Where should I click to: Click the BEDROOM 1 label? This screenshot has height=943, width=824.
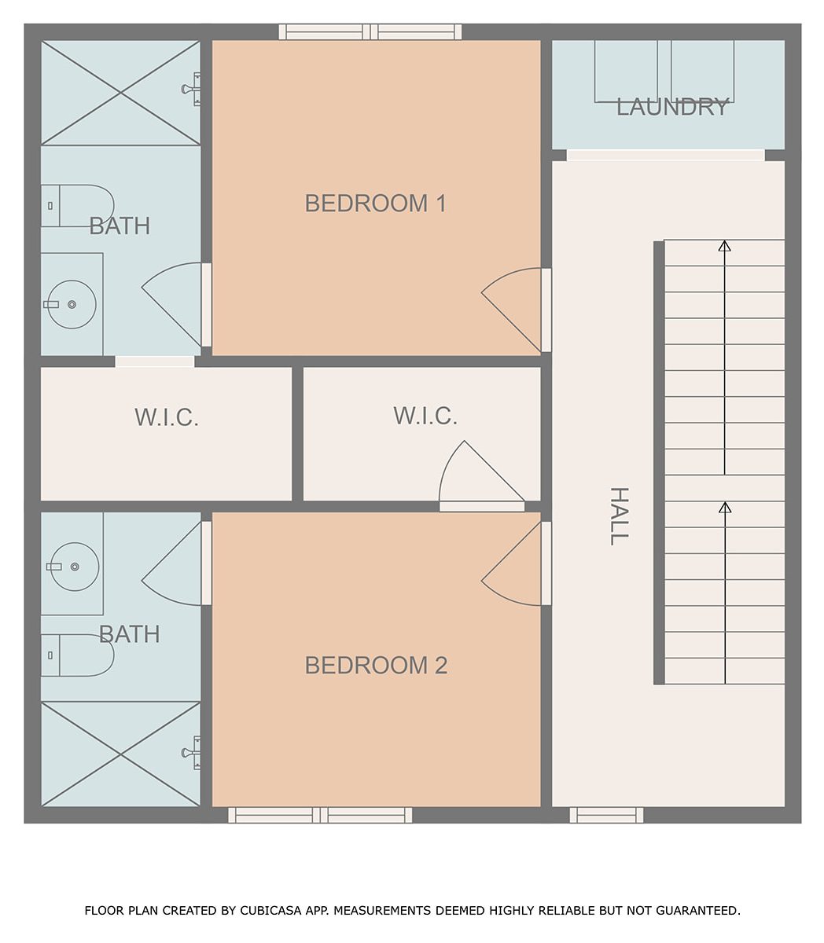coord(375,204)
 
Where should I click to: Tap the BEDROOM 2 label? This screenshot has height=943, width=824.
coord(376,665)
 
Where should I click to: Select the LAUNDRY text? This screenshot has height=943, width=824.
coord(671,107)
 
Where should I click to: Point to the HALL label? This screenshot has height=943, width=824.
coord(620,516)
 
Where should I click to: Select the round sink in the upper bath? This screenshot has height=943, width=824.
coord(72,304)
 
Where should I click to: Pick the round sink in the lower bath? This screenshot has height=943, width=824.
coord(74,567)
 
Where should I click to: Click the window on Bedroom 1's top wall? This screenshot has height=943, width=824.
coord(370,31)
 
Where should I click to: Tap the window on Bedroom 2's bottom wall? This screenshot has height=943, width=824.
coord(320,816)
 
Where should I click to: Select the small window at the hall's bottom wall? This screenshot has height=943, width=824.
coord(606,816)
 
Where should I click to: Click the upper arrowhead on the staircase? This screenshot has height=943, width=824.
coord(724,246)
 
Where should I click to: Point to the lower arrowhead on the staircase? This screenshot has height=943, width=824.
coord(725,508)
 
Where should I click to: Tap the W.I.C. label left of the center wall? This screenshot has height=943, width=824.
coord(167,417)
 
